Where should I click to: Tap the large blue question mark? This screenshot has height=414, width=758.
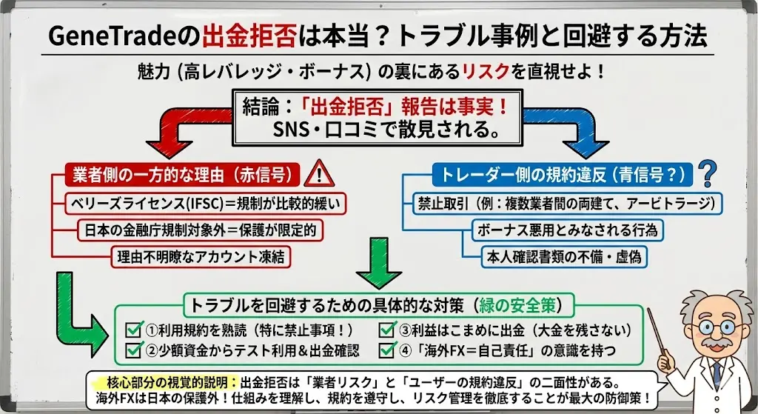(708, 174)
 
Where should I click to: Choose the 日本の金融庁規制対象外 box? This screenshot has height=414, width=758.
(200, 230)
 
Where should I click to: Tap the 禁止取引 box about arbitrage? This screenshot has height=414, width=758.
(566, 203)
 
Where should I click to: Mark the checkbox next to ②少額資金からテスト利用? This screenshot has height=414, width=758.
(135, 348)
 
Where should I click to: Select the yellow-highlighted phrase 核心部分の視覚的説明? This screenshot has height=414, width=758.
(165, 382)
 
